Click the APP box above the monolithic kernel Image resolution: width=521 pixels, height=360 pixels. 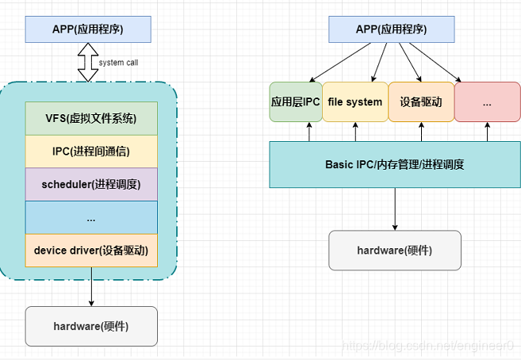(88, 29)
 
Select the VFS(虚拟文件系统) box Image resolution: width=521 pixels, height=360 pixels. (91, 119)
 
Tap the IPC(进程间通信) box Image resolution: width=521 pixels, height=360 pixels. (91, 151)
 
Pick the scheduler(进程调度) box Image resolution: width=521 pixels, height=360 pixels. (91, 185)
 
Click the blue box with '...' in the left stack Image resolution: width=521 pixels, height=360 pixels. (91, 217)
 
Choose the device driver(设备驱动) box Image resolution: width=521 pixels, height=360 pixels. (91, 251)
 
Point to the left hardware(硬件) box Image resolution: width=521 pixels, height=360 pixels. (91, 326)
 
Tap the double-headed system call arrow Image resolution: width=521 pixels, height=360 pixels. (86, 62)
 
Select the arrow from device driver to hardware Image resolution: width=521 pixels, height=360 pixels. (92, 286)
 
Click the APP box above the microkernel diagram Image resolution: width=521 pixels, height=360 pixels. (391, 29)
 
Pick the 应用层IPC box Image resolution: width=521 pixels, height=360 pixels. (295, 102)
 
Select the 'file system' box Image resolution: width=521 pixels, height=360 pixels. (354, 102)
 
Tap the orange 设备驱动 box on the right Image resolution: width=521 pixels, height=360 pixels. (420, 102)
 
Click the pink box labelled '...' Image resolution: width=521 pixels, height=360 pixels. (486, 102)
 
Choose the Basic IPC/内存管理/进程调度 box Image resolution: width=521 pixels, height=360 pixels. (394, 165)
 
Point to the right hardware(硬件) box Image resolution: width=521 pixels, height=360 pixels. (394, 251)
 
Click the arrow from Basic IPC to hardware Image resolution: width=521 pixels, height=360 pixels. (394, 209)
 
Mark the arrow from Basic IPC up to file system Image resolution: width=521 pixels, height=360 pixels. (355, 132)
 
